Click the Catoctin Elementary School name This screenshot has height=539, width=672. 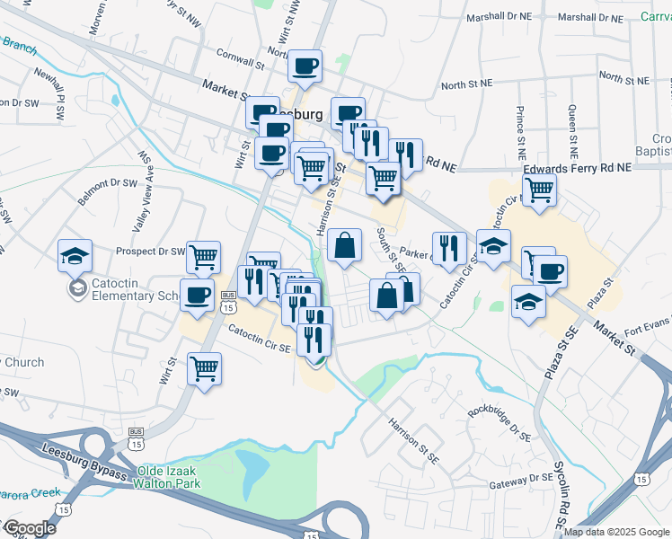tap(127, 295)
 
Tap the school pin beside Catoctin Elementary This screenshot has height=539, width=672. tap(75, 256)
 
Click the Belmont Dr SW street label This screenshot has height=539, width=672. tap(106, 190)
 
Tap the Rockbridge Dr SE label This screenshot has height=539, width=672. tap(500, 420)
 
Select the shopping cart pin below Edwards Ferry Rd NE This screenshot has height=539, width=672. tap(539, 189)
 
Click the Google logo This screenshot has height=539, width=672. tap(29, 528)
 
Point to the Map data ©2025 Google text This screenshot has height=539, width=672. tap(615, 532)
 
